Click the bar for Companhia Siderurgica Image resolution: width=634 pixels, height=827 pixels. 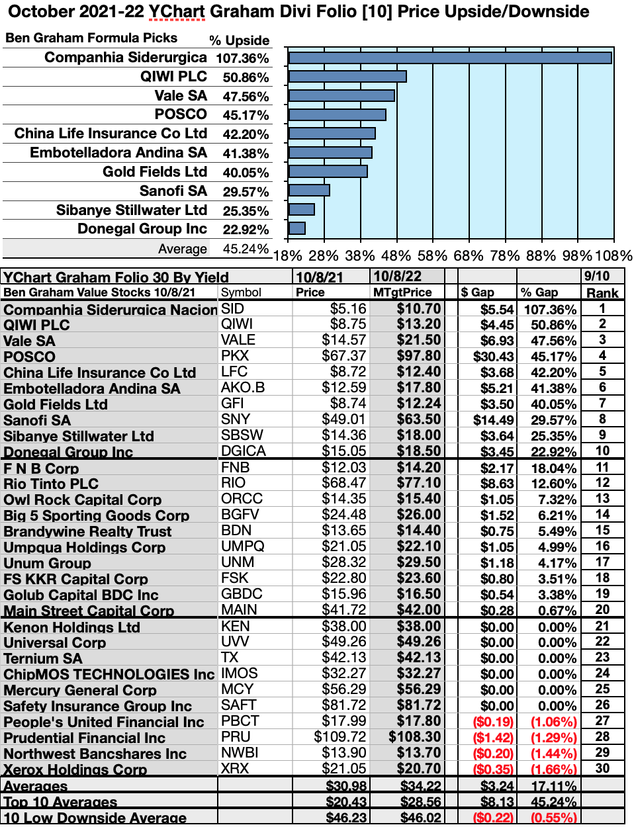tap(450, 58)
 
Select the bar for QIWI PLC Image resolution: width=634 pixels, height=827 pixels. tap(347, 77)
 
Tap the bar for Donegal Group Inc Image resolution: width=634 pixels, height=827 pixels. tap(297, 229)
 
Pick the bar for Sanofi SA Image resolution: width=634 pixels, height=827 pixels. tap(309, 191)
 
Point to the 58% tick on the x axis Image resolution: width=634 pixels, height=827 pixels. tap(432, 255)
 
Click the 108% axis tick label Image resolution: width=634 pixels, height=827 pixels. tap(613, 255)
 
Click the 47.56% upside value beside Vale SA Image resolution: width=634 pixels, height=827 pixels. tap(246, 97)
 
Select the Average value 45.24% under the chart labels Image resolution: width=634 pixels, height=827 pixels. tap(246, 249)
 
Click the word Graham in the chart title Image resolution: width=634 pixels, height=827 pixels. tap(224, 12)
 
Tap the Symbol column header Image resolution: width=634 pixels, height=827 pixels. tap(241, 292)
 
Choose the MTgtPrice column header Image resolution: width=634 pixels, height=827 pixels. tap(402, 292)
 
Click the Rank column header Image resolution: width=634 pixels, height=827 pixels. tap(602, 292)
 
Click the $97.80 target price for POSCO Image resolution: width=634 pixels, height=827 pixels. tap(418, 356)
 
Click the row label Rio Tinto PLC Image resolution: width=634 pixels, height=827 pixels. tap(51, 484)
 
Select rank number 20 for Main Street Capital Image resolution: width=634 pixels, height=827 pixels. tap(602, 610)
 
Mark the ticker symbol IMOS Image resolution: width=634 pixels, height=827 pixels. tap(240, 674)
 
